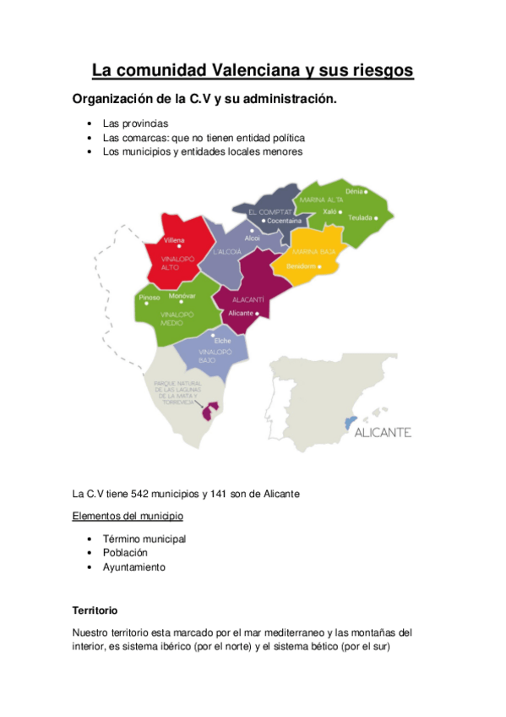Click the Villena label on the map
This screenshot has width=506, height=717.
[x=174, y=240]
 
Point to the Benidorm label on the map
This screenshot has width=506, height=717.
[x=302, y=266]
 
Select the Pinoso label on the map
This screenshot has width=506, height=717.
[x=149, y=297]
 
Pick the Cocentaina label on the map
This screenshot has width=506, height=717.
[x=284, y=221]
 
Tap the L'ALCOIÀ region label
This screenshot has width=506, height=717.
[x=227, y=252]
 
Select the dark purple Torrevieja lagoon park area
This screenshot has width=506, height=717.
[x=208, y=412]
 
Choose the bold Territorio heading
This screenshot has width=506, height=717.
[x=95, y=610]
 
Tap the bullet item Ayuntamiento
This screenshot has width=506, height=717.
[x=134, y=567]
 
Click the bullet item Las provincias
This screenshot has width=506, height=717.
[x=135, y=123]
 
